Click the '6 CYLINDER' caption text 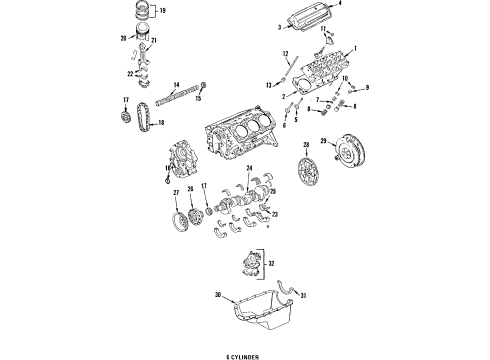tap(245, 352)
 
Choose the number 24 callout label tap(249, 167)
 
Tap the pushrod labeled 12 tap(289, 67)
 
